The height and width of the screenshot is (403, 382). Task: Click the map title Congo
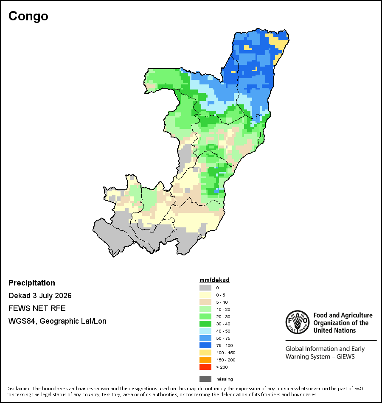(28, 17)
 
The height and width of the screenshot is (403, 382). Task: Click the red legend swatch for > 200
(205, 367)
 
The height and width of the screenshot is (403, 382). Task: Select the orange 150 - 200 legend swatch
(205, 360)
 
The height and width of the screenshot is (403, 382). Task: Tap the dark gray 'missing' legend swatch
(205, 379)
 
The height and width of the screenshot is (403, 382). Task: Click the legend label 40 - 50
(223, 331)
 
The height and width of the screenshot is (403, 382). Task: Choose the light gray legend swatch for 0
(205, 288)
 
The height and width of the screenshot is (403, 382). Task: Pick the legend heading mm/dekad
(214, 280)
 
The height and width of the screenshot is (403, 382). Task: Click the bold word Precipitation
(32, 283)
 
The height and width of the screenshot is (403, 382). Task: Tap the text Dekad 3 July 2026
(40, 296)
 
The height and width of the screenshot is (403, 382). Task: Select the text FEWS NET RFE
(37, 308)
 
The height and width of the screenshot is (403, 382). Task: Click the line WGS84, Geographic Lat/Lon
(57, 321)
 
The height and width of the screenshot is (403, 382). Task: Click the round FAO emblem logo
(298, 322)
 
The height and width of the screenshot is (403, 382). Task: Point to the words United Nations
(334, 330)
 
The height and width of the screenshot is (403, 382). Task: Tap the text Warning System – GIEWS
(320, 357)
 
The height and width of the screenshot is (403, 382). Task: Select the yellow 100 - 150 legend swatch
(205, 353)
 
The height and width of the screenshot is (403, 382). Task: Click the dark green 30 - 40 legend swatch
(205, 324)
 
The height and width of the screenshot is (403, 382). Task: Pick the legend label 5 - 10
(222, 302)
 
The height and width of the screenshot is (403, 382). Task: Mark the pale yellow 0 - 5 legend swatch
(205, 295)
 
